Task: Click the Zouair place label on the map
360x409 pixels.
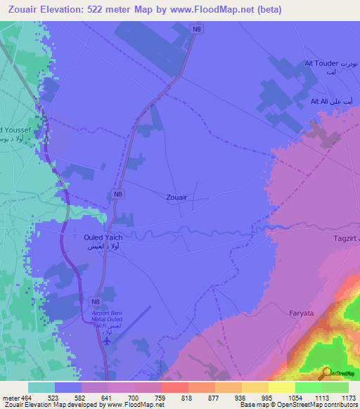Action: (x=176, y=198)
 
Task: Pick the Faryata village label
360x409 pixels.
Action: (x=304, y=311)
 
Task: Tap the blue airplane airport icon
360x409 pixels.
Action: (x=107, y=342)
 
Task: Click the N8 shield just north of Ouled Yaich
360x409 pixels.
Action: (x=117, y=193)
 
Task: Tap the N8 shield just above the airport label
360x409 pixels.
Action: (x=95, y=301)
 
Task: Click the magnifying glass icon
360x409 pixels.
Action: (x=326, y=374)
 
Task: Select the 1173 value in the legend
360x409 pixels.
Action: (x=340, y=398)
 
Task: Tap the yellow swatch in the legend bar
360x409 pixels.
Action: (x=282, y=387)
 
